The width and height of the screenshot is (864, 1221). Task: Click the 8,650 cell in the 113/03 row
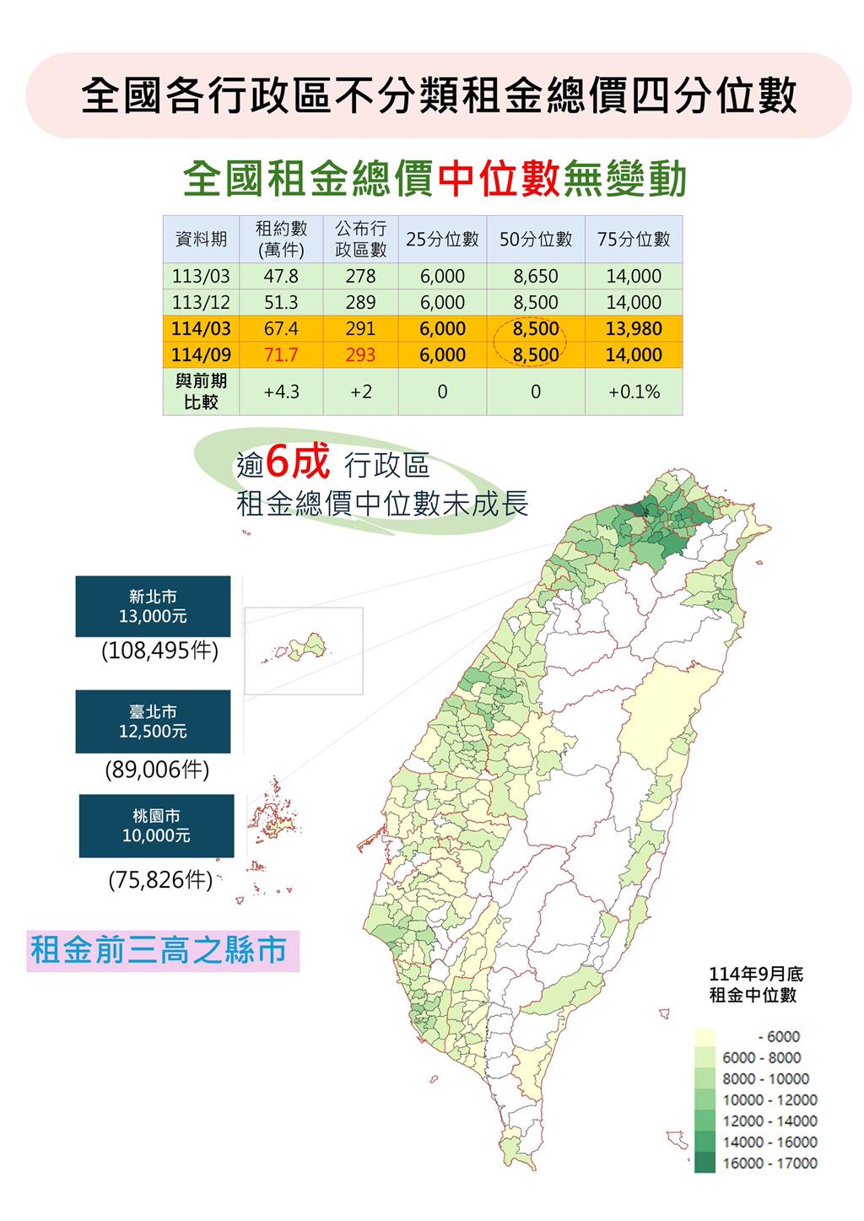[535, 276]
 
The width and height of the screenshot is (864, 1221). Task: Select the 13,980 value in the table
[633, 329]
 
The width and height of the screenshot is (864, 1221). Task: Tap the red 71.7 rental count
[281, 355]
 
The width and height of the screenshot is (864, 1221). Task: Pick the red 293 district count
[360, 355]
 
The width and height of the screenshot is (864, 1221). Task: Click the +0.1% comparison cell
[633, 392]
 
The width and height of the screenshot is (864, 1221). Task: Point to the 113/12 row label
[201, 302]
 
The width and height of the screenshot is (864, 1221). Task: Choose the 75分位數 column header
[633, 239]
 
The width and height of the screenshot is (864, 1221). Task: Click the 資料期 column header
[201, 239]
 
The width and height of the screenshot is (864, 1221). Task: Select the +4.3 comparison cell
[281, 392]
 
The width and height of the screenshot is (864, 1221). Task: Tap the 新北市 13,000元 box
[153, 607]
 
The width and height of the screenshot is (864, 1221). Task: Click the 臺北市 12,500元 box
[153, 721]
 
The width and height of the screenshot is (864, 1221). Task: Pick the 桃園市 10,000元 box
[156, 826]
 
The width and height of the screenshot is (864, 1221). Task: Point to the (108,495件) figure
[159, 651]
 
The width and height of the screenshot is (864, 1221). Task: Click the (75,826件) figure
[159, 880]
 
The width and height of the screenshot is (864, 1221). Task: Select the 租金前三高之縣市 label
[159, 950]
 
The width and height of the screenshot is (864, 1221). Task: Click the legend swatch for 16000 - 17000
[705, 1163]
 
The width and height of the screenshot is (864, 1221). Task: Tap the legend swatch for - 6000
[705, 1037]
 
